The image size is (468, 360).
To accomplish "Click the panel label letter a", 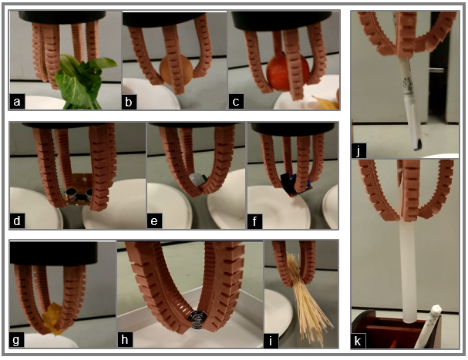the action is pyautogui.click(x=17, y=102).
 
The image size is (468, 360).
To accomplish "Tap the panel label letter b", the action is pyautogui.click(x=129, y=102).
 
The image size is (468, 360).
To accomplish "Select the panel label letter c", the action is pyautogui.click(x=236, y=102).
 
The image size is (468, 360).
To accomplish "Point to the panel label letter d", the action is pyautogui.click(x=17, y=221).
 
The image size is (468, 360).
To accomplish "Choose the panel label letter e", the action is pyautogui.click(x=154, y=222).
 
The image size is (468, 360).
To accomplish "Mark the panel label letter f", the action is pyautogui.click(x=254, y=221).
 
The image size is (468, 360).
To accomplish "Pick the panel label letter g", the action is pyautogui.click(x=17, y=340).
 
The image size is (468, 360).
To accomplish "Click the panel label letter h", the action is pyautogui.click(x=125, y=340).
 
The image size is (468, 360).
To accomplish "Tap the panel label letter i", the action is pyautogui.click(x=271, y=341).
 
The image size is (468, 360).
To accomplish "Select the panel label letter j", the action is pyautogui.click(x=359, y=151).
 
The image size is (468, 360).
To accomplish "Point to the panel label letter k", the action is pyautogui.click(x=358, y=341).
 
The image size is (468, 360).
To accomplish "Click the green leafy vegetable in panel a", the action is pyautogui.click(x=82, y=82).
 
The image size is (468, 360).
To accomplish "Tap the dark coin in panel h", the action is pyautogui.click(x=196, y=319).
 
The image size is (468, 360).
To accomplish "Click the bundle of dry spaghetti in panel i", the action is pyautogui.click(x=308, y=301).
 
